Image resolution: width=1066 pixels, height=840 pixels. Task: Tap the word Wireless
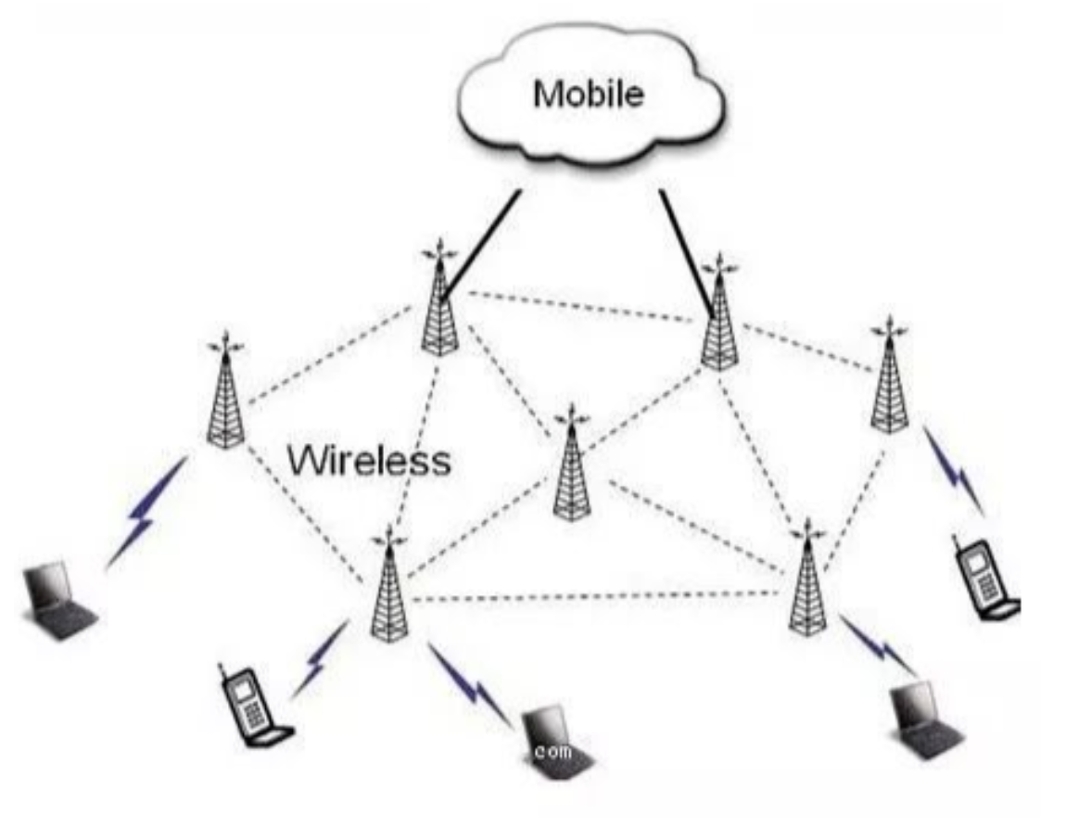click(370, 460)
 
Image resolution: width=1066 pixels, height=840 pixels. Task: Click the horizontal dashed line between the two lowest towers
click(593, 597)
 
